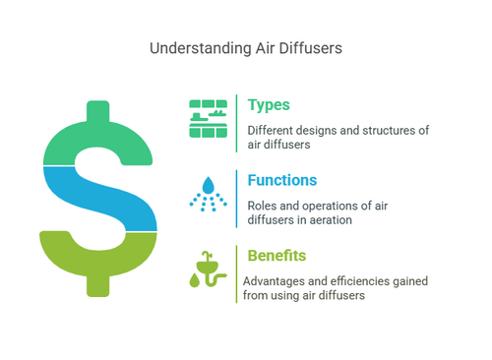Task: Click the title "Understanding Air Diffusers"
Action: coord(245,46)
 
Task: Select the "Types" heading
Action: coord(269,105)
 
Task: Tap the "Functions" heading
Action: coord(282,181)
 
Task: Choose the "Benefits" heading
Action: coord(277,256)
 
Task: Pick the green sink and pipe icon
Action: coord(208,269)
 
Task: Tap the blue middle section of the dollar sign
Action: coord(98,197)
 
